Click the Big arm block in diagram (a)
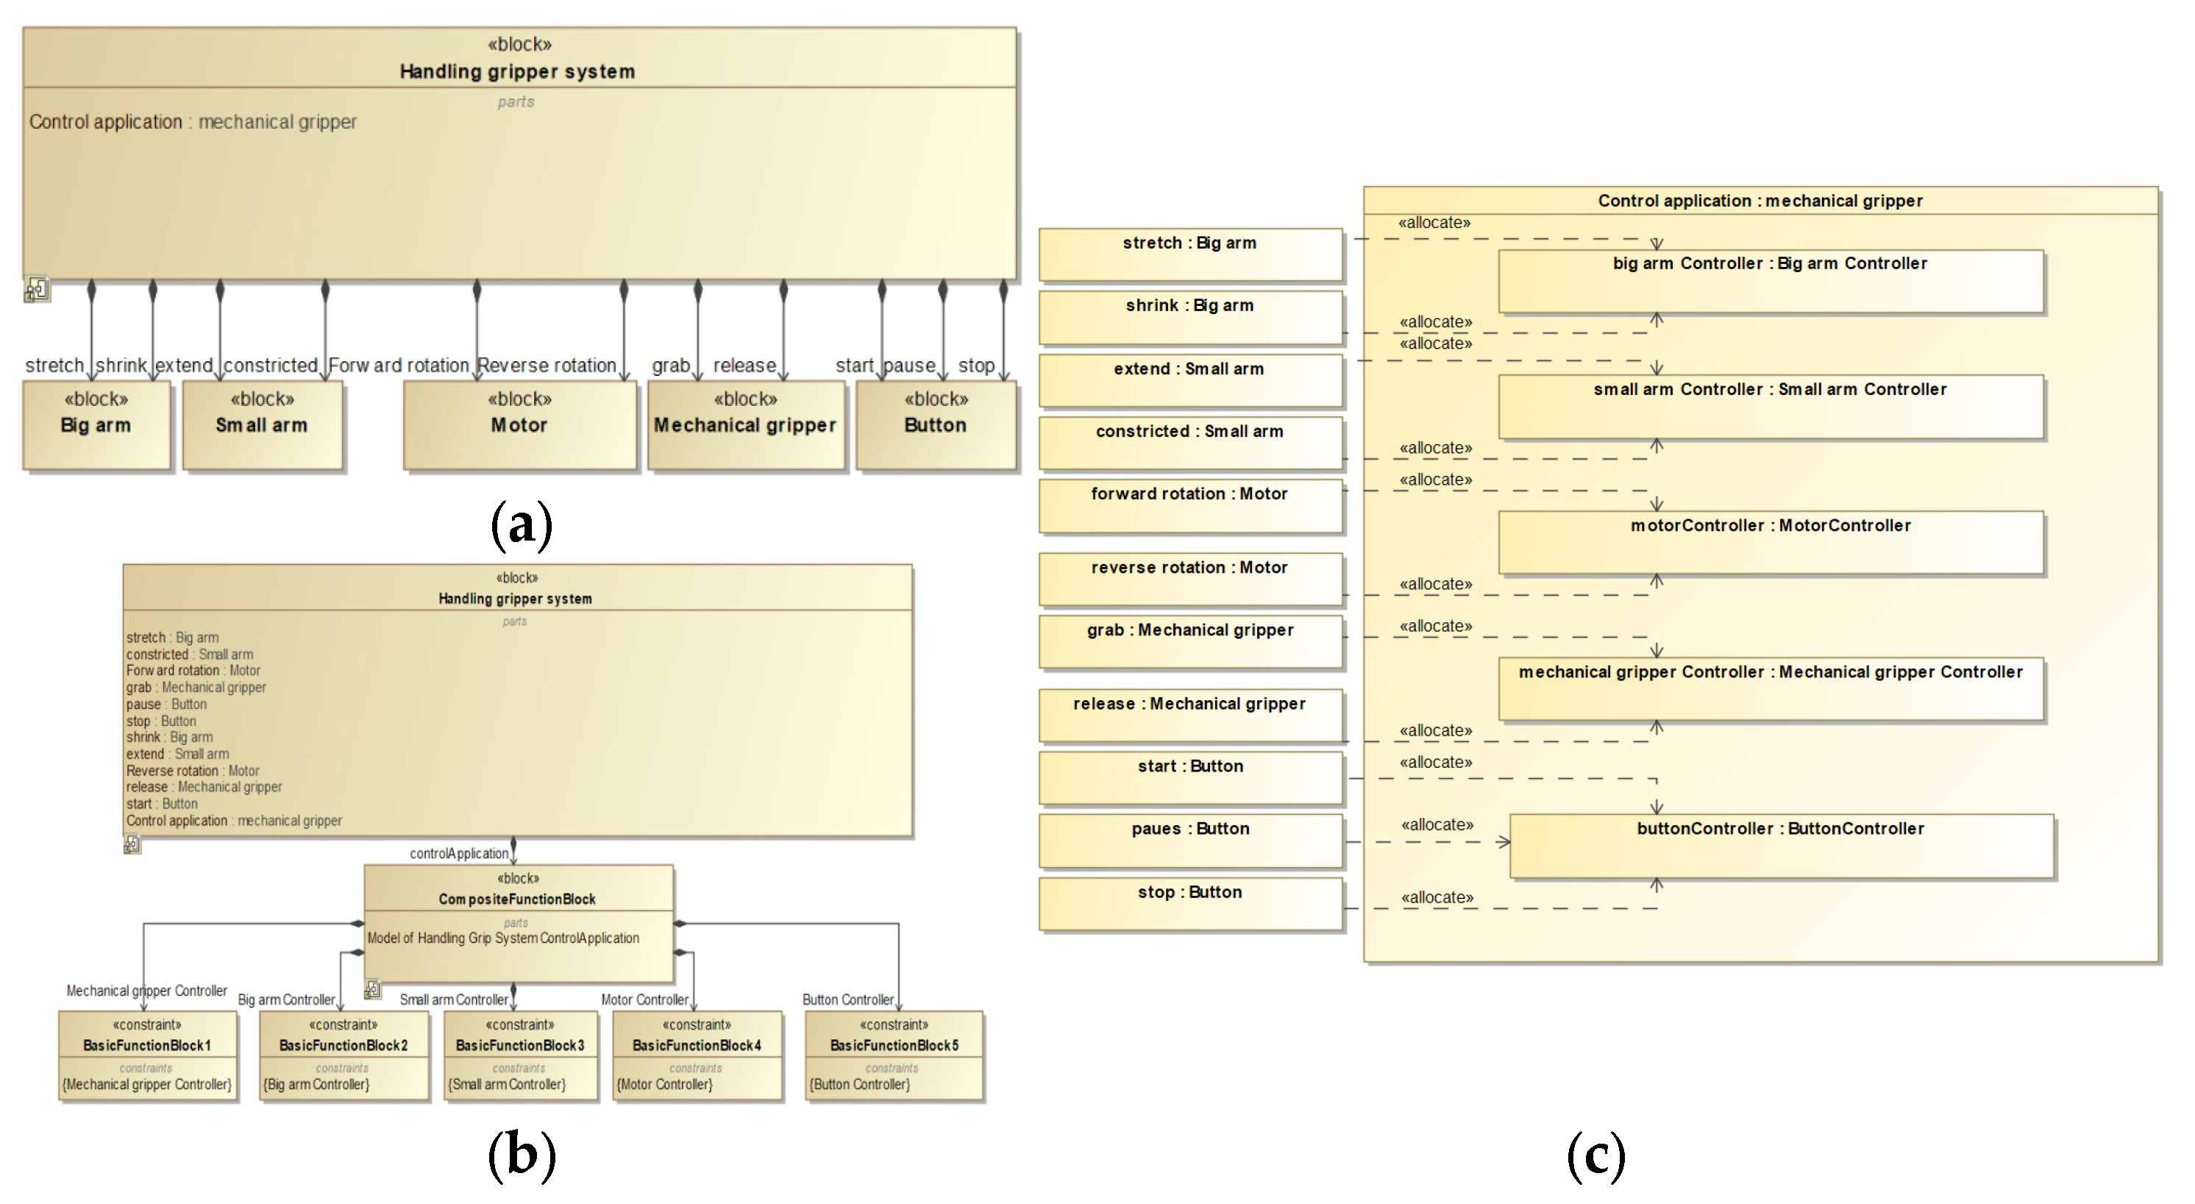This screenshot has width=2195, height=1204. click(x=96, y=424)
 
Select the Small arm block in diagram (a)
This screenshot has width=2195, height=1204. click(x=263, y=424)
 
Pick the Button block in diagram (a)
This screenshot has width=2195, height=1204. click(x=936, y=424)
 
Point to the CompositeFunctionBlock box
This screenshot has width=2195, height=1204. click(x=518, y=924)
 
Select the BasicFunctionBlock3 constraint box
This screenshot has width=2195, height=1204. click(x=520, y=1055)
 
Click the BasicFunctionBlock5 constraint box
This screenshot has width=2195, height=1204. click(x=894, y=1055)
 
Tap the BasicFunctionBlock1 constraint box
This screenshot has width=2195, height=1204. click(x=147, y=1055)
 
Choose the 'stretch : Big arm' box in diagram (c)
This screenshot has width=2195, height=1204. click(x=1190, y=254)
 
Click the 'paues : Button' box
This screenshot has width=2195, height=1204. click(x=1190, y=840)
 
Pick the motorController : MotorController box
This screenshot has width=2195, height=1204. click(x=1771, y=542)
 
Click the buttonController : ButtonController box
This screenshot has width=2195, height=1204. click(x=1781, y=845)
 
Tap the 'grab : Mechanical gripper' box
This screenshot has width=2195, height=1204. click(x=1190, y=641)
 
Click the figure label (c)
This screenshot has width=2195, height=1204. click(x=1596, y=1155)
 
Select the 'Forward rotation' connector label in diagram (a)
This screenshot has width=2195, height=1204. click(x=399, y=366)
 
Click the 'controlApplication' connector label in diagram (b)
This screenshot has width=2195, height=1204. click(x=458, y=853)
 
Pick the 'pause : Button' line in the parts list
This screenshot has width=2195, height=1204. click(x=166, y=704)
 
